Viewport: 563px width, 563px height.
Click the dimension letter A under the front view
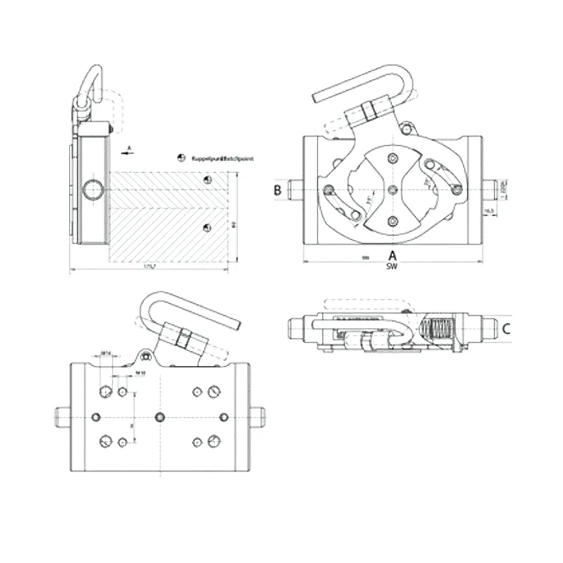click(x=393, y=255)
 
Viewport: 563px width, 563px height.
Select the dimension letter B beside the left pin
click(x=278, y=189)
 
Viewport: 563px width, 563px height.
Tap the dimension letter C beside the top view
click(x=506, y=328)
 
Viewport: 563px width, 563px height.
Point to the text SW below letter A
click(x=392, y=267)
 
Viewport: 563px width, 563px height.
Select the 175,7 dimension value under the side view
click(x=148, y=267)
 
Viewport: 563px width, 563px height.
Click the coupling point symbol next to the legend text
click(x=180, y=158)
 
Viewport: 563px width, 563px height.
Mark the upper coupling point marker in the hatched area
click(x=206, y=182)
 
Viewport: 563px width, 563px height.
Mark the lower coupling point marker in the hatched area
click(x=206, y=226)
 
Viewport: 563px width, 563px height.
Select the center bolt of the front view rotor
click(x=392, y=190)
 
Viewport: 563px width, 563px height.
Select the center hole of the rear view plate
click(x=161, y=416)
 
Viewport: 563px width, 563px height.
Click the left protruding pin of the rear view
click(x=61, y=417)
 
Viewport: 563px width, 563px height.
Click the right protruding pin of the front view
click(x=491, y=188)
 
